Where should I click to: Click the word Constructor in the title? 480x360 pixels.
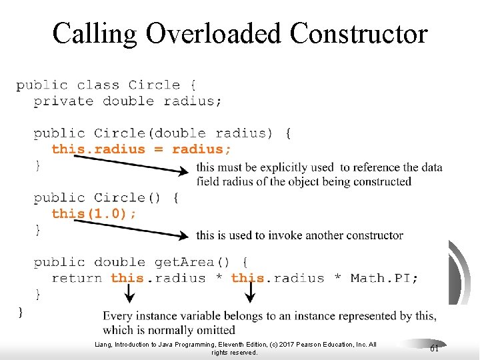pos(359,33)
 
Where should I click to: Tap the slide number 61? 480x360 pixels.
pos(433,349)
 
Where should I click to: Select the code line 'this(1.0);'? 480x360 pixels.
pos(95,213)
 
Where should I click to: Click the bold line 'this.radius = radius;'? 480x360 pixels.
pos(141,149)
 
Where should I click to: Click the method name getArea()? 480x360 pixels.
pos(193,262)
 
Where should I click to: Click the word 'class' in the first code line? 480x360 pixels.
pos(98,85)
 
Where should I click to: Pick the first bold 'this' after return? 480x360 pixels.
pos(127,278)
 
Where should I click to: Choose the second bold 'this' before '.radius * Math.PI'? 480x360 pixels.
pos(247,278)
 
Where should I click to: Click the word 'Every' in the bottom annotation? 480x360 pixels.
pos(117,316)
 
